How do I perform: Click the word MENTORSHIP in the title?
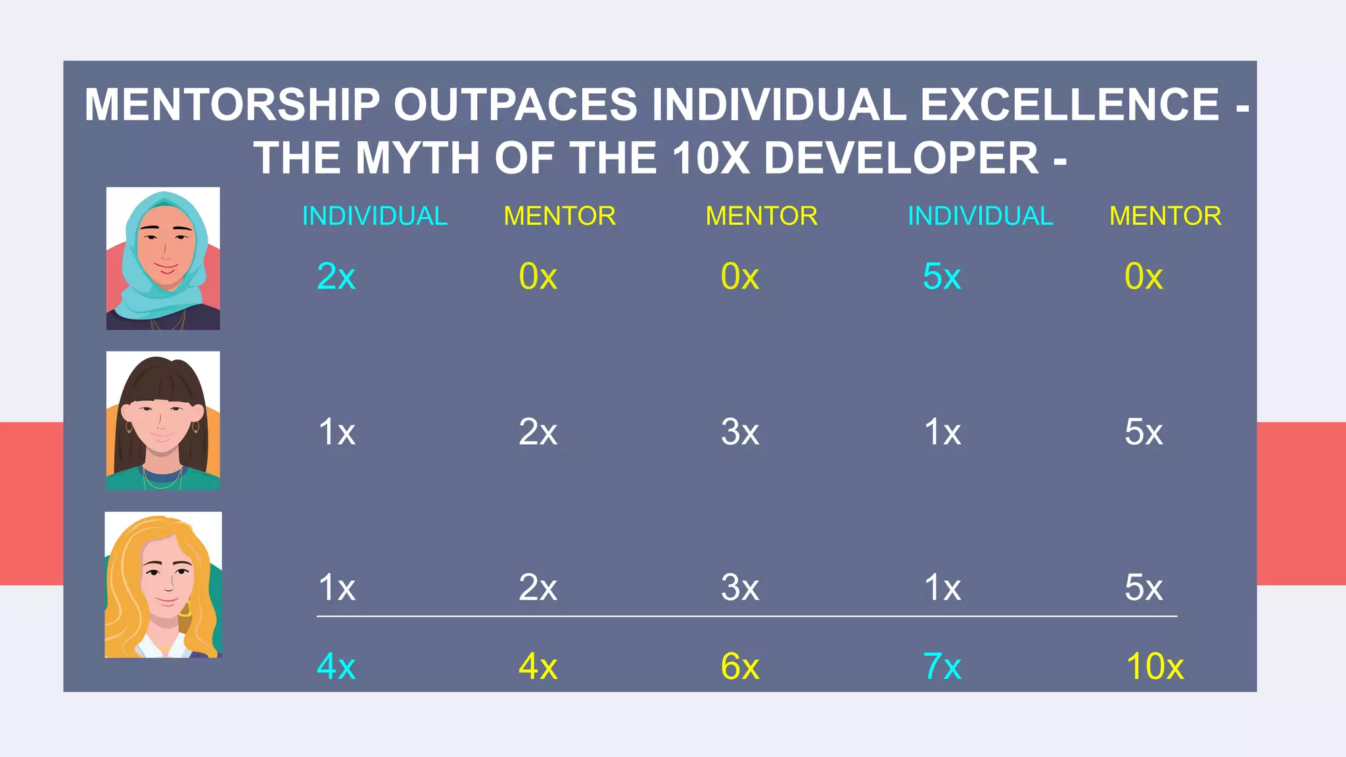pyautogui.click(x=232, y=105)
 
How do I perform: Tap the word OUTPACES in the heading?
pyautogui.click(x=515, y=105)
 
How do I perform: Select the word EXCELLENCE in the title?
pyautogui.click(x=1069, y=105)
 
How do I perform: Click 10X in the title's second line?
pyautogui.click(x=711, y=159)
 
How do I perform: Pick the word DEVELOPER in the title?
pyautogui.click(x=901, y=159)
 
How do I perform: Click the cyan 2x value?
pyautogui.click(x=336, y=277)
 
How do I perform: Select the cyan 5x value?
pyautogui.click(x=942, y=277)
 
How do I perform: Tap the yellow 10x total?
pyautogui.click(x=1155, y=667)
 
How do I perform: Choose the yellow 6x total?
pyautogui.click(x=739, y=667)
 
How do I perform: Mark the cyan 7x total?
pyautogui.click(x=942, y=667)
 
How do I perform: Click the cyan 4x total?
pyautogui.click(x=336, y=667)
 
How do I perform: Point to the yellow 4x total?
pyautogui.click(x=538, y=667)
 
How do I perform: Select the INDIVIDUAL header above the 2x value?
pyautogui.click(x=375, y=216)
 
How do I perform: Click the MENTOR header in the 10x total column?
pyautogui.click(x=1165, y=216)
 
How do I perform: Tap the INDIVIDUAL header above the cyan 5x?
pyautogui.click(x=980, y=216)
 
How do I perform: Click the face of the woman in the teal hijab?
pyautogui.click(x=164, y=250)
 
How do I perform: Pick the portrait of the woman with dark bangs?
pyautogui.click(x=163, y=421)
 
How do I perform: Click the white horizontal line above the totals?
pyautogui.click(x=747, y=616)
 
